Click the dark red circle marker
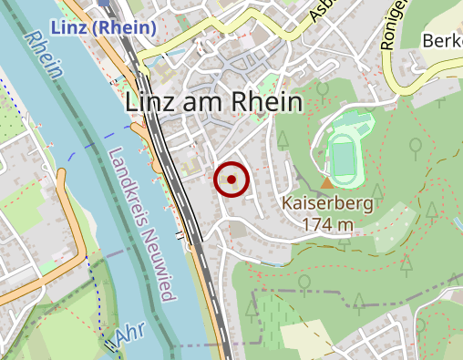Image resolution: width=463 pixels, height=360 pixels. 231,180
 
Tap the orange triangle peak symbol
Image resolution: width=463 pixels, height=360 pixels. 327,183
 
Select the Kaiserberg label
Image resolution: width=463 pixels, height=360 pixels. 326,204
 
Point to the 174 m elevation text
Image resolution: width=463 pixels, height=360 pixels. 326,224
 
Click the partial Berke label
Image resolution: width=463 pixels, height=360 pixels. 442,40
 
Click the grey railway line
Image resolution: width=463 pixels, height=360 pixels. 173,173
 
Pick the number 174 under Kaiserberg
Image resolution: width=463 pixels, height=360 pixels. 314,224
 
